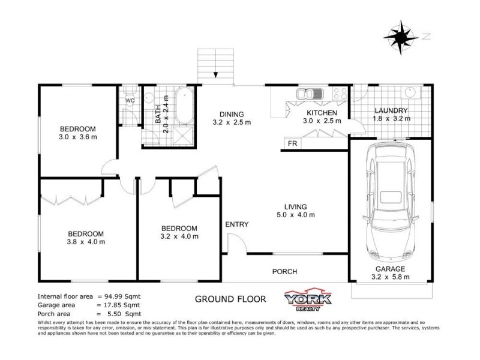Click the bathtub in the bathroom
pyautogui.click(x=182, y=103)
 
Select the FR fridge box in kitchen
pyautogui.click(x=293, y=143)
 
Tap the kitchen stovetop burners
pyautogui.click(x=339, y=94)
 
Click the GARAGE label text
pyautogui.click(x=391, y=269)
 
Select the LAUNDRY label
pyautogui.click(x=391, y=110)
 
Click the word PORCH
pyautogui.click(x=284, y=271)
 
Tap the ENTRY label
pyautogui.click(x=237, y=224)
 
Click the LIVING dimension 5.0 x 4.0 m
pyautogui.click(x=296, y=214)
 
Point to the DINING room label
pyautogui.click(x=231, y=115)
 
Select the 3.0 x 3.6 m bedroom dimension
pyautogui.click(x=78, y=137)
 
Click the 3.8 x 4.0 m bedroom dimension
pyautogui.click(x=86, y=242)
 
